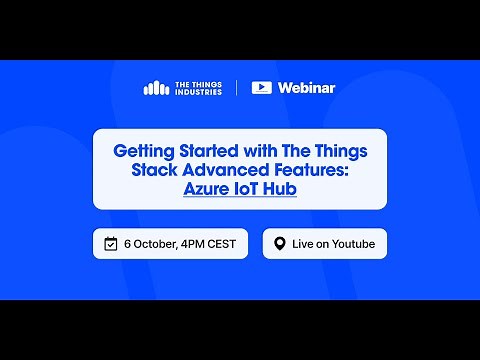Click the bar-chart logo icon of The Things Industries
pos(156,87)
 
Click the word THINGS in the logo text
pos(205,82)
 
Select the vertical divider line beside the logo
pos(237,87)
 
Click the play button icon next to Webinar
pos(262,87)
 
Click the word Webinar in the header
pos(306,87)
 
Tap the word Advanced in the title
pos(217,170)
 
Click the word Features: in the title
pos(304,170)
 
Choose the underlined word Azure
pos(208,188)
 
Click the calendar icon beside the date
pos(112,243)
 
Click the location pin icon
pos(280,243)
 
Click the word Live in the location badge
pos(304,243)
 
